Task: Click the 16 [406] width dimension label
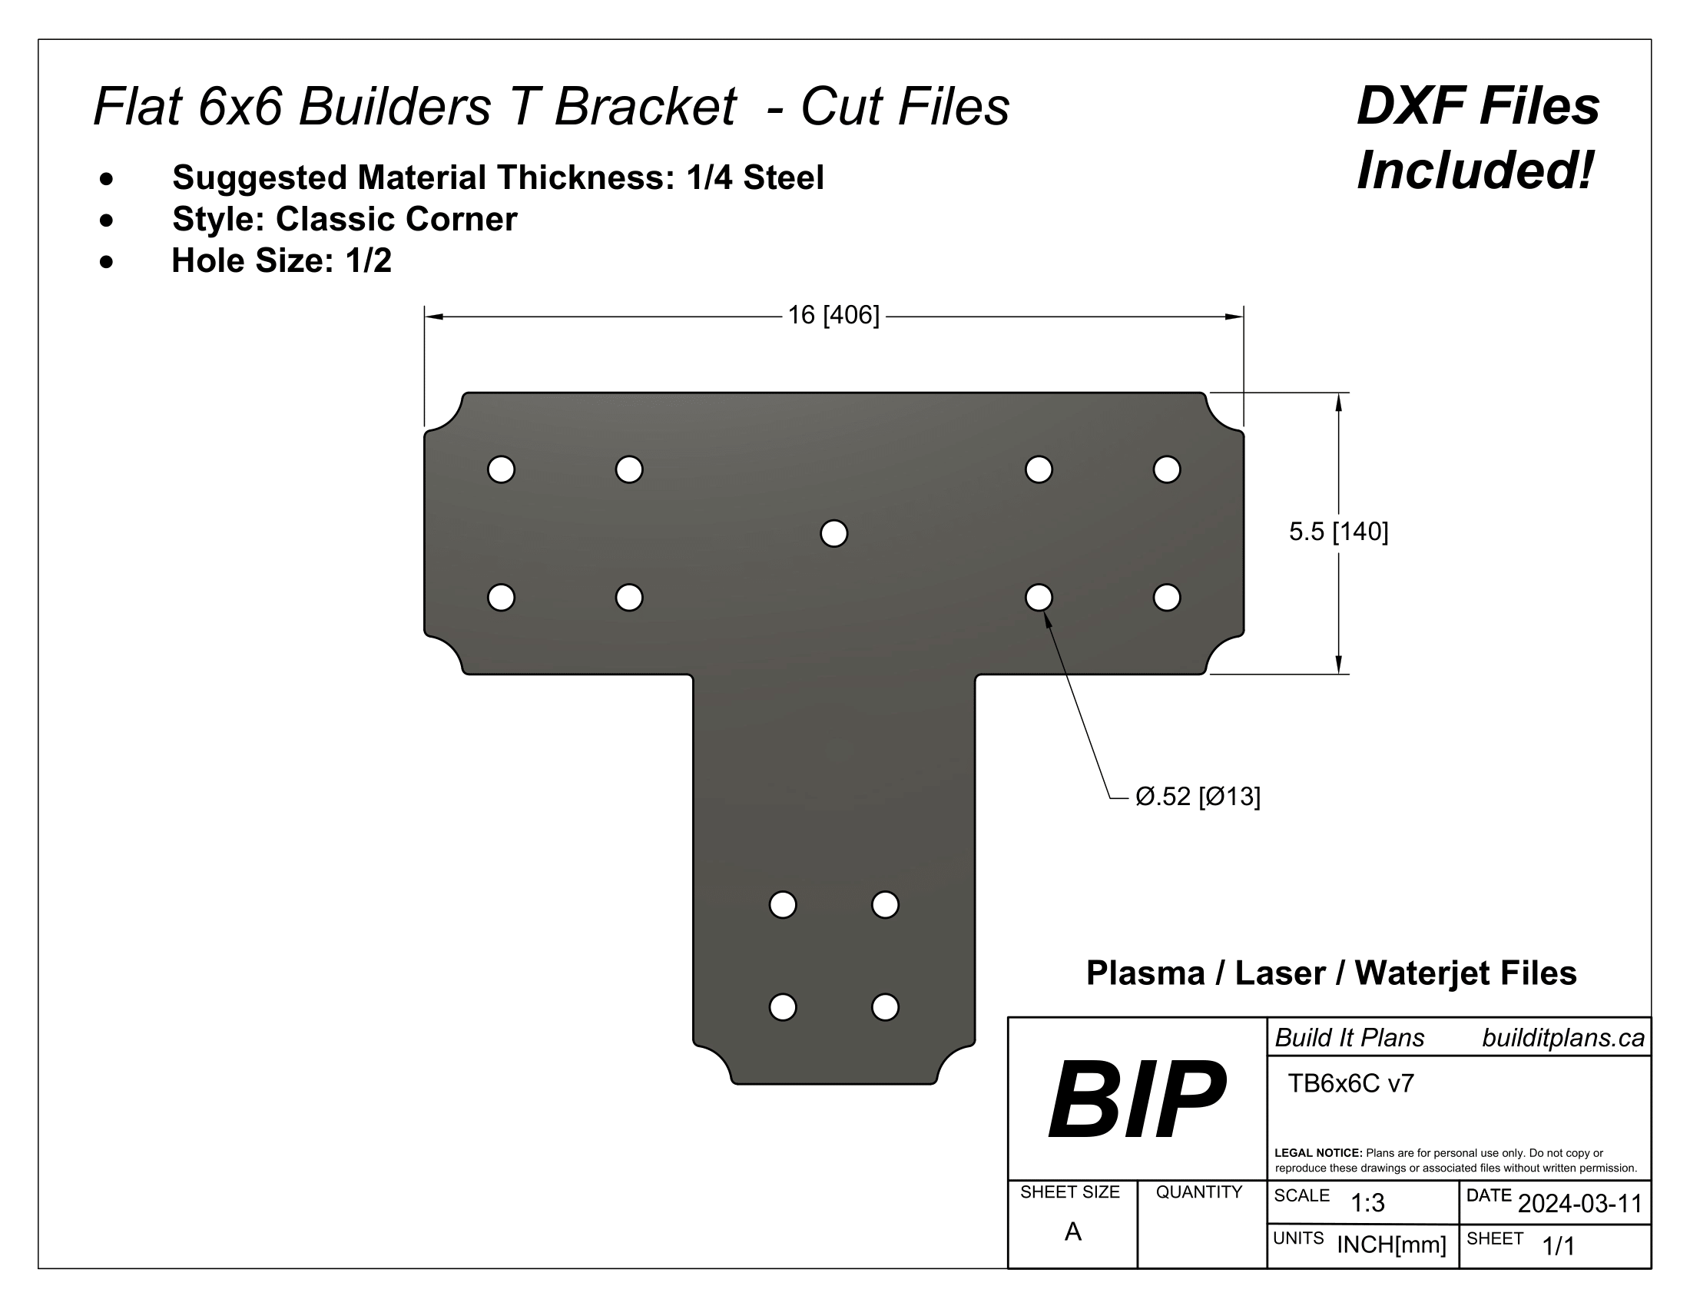(833, 316)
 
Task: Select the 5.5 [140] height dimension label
(1338, 532)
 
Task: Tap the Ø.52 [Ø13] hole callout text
(1197, 796)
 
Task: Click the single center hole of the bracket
(833, 533)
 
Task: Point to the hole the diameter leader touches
(1039, 597)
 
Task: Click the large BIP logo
(1136, 1099)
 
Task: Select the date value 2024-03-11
(1579, 1204)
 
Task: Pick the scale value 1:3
(1367, 1203)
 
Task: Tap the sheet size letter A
(1072, 1231)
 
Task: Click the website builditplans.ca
(1562, 1039)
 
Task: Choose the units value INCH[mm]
(1391, 1245)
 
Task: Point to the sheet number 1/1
(1559, 1246)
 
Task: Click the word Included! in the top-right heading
(1475, 171)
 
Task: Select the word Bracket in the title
(645, 106)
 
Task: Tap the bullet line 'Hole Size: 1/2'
(281, 260)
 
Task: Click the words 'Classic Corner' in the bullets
(396, 219)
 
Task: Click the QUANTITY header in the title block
(1198, 1192)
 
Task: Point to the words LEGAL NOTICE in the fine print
(1317, 1153)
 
